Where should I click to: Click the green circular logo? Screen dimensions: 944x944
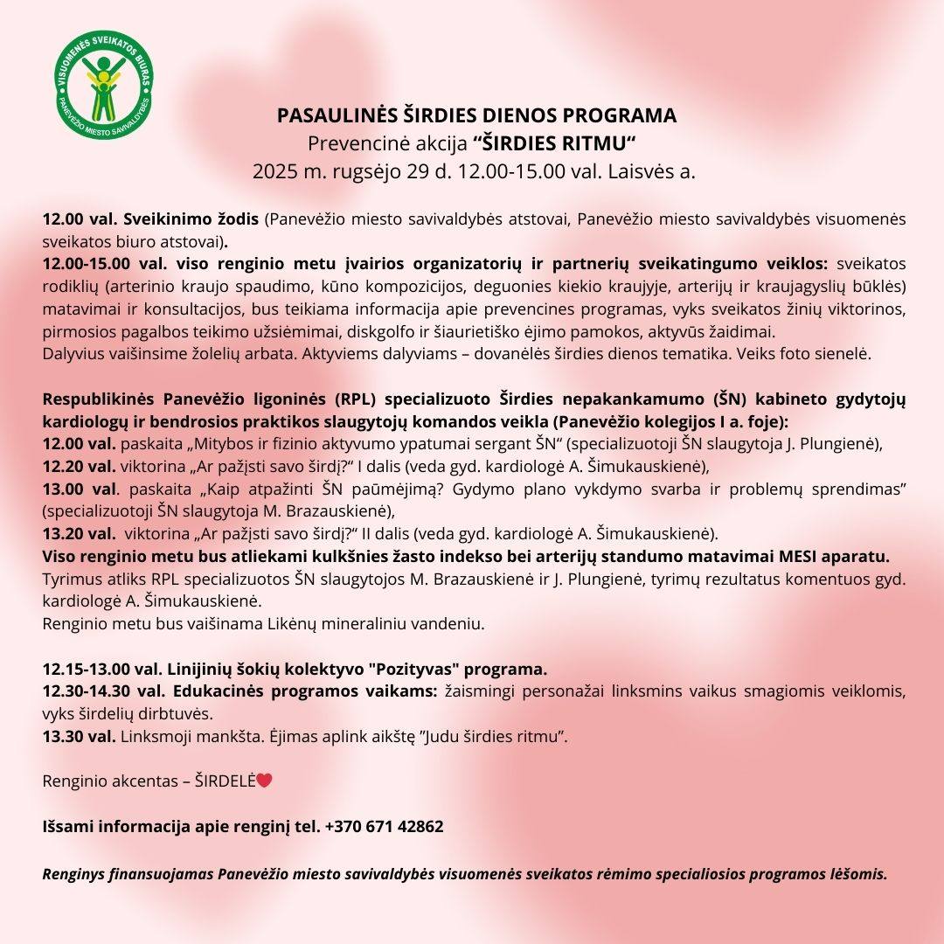(103, 90)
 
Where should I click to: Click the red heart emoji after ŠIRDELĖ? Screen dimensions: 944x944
(265, 781)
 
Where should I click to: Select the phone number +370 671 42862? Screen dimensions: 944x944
(384, 826)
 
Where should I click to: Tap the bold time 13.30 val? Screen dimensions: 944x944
(79, 736)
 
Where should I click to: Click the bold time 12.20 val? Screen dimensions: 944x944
(79, 465)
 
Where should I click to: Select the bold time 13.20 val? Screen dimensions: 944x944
(79, 533)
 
